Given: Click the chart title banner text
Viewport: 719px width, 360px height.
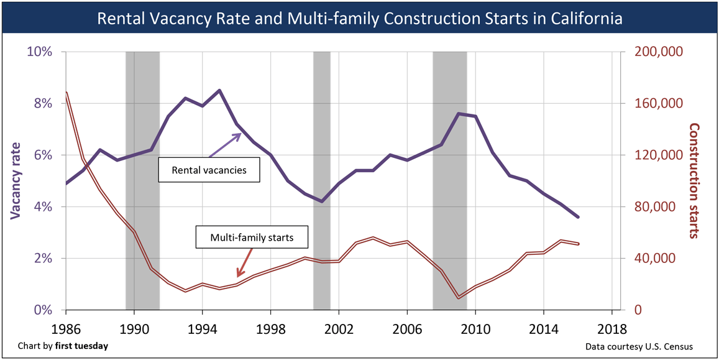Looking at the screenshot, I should [359, 18].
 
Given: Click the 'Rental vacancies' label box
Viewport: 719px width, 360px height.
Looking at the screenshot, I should [208, 170].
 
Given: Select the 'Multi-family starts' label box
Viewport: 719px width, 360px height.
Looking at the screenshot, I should [251, 237].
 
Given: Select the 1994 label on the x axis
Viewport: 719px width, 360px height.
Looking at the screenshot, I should [202, 327].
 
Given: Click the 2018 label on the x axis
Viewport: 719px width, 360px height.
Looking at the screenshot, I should [612, 327].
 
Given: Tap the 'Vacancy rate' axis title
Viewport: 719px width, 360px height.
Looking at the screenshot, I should [16, 180].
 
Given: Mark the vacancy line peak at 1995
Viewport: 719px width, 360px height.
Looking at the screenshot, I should [219, 90].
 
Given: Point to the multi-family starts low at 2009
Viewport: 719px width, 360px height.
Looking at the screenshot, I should [459, 298].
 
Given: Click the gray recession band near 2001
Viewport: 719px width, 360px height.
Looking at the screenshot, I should [321, 180].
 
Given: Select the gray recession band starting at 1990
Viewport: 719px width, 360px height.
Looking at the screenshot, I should [142, 180].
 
